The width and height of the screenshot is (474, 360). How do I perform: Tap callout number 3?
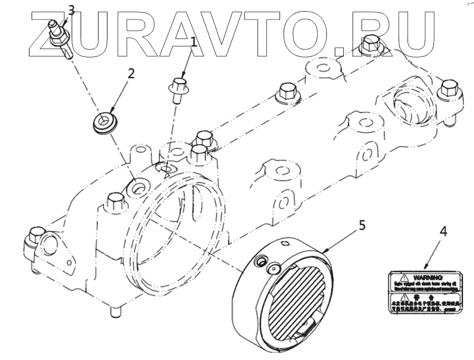72,9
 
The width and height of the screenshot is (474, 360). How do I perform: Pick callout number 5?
361,225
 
